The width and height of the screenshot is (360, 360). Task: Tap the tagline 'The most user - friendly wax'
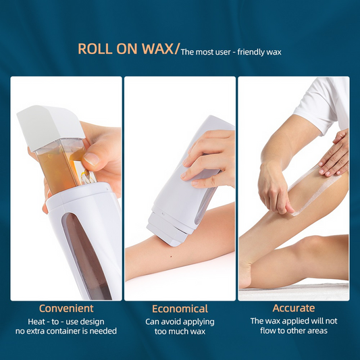(x=231, y=51)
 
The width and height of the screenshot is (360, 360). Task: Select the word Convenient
(x=66, y=308)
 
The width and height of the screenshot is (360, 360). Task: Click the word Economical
(x=180, y=308)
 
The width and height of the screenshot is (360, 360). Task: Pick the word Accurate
(x=293, y=308)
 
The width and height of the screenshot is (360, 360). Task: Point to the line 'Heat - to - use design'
(x=66, y=321)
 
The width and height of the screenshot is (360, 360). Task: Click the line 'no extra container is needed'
(x=66, y=331)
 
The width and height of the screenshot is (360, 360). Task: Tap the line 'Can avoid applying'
(x=180, y=322)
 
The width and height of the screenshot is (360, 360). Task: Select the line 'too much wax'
(x=180, y=332)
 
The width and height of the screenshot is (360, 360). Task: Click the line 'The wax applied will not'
(x=293, y=321)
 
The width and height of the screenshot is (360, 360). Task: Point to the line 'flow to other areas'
(x=293, y=332)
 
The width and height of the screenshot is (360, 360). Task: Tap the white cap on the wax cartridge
(x=51, y=124)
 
